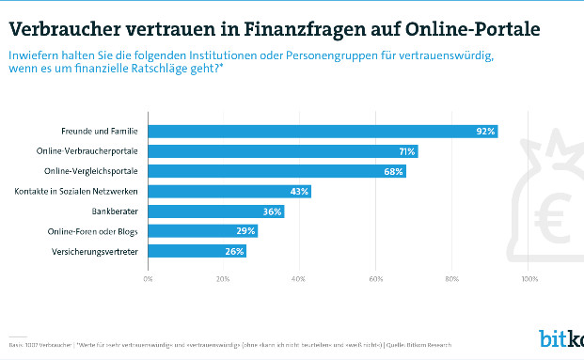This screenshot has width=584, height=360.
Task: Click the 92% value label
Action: pyautogui.click(x=485, y=132)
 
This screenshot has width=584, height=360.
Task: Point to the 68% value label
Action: pyautogui.click(x=393, y=172)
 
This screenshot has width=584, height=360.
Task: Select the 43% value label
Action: pyautogui.click(x=299, y=192)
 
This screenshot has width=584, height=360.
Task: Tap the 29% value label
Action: pyautogui.click(x=246, y=231)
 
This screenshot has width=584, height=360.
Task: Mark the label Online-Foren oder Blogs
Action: pyautogui.click(x=94, y=231)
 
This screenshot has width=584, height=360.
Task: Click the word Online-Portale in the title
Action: pyautogui.click(x=479, y=28)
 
